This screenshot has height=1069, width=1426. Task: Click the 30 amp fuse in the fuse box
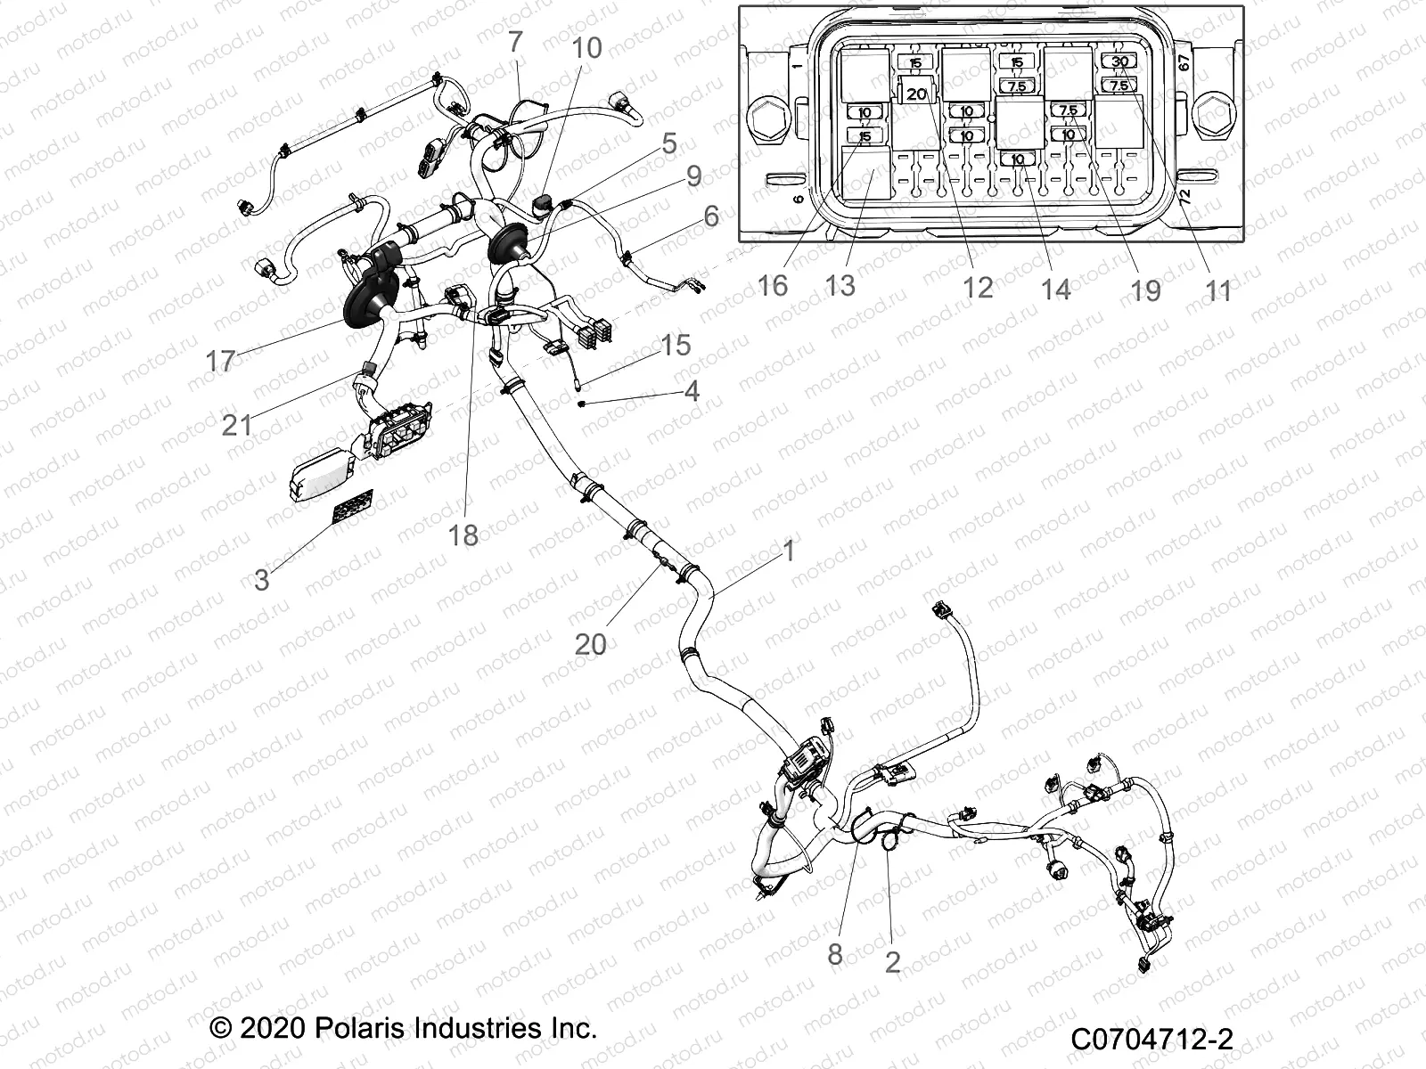coord(1120,61)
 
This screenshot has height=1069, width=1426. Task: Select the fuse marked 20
coord(917,93)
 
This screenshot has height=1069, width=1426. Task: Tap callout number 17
coord(220,361)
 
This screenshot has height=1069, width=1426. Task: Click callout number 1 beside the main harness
coord(788,551)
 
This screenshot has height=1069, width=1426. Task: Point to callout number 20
coord(590,643)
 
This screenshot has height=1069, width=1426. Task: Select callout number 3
coord(261,580)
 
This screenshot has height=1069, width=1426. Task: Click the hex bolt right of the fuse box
coord(1217,115)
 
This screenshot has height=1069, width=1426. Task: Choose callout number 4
coord(692,391)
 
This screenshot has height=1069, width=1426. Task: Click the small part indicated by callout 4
coord(580,404)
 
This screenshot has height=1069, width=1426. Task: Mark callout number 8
coord(834,955)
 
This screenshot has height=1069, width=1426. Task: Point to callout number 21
coord(237,425)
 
